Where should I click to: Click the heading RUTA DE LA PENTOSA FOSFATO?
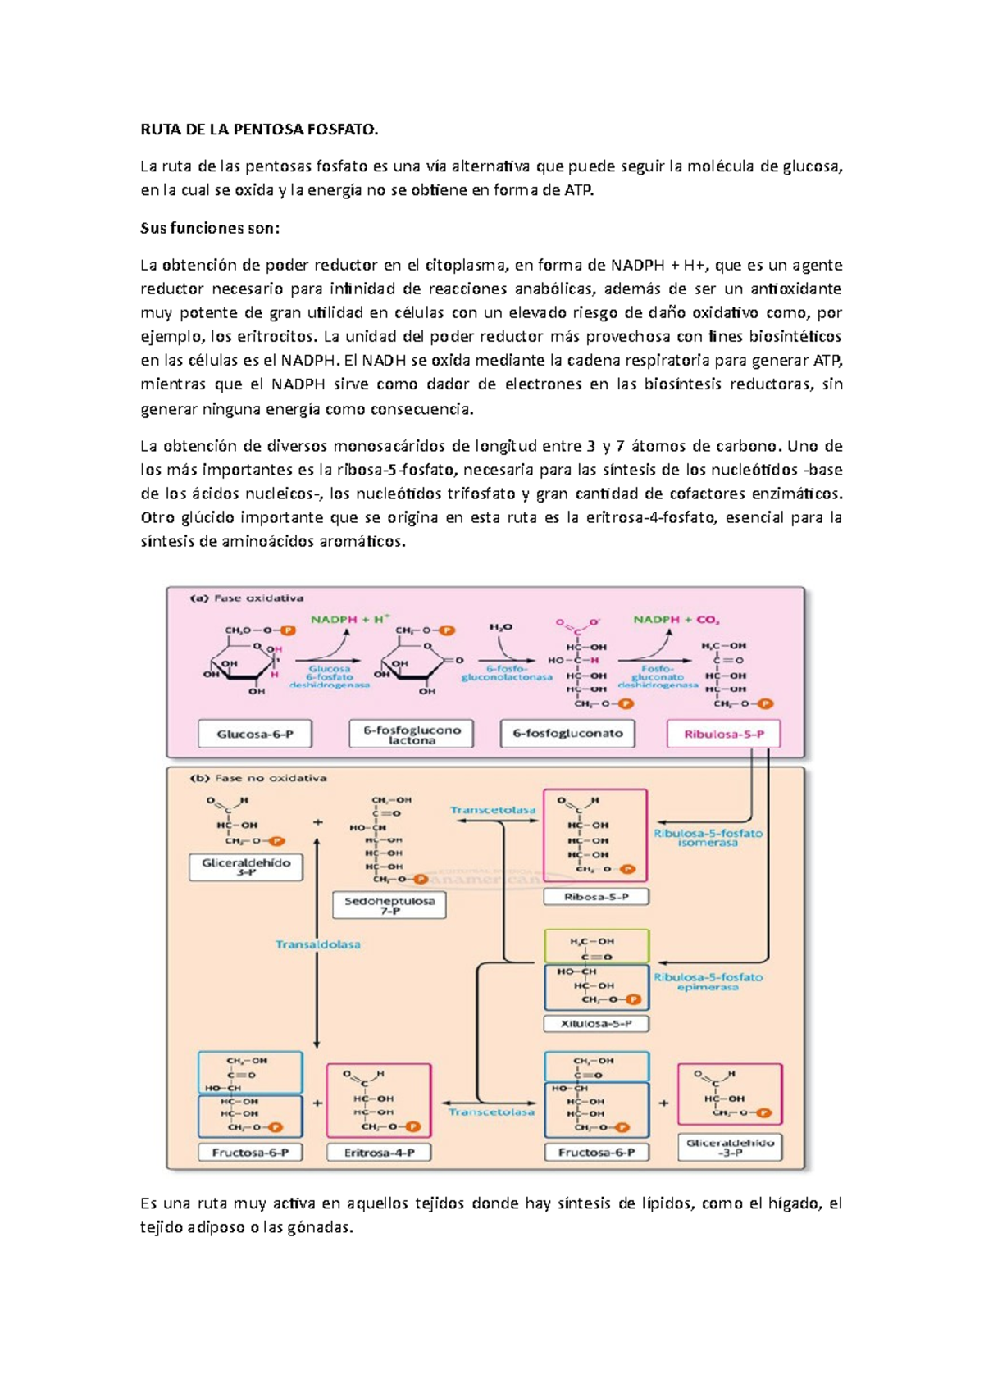click(x=260, y=130)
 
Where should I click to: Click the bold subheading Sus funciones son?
click(x=210, y=228)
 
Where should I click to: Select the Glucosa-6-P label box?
click(x=255, y=734)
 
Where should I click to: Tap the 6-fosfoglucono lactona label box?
click(x=412, y=734)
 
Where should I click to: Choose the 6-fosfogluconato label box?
click(x=567, y=734)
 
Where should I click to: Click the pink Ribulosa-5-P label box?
click(x=723, y=734)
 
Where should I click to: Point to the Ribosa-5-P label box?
click(x=596, y=897)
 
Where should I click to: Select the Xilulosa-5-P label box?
click(x=596, y=1023)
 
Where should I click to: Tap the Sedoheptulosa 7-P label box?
click(x=389, y=905)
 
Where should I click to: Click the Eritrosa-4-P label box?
click(x=379, y=1152)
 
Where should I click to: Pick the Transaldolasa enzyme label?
click(x=318, y=944)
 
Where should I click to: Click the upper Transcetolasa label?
click(x=493, y=810)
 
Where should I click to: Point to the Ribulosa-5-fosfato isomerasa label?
click(x=708, y=837)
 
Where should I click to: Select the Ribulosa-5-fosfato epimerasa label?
click(x=708, y=981)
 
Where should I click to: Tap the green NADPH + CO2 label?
click(x=676, y=620)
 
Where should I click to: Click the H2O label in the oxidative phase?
click(x=500, y=627)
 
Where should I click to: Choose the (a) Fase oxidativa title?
click(x=247, y=598)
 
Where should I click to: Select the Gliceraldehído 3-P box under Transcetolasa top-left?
click(x=246, y=867)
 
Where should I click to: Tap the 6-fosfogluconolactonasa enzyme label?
click(x=507, y=672)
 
